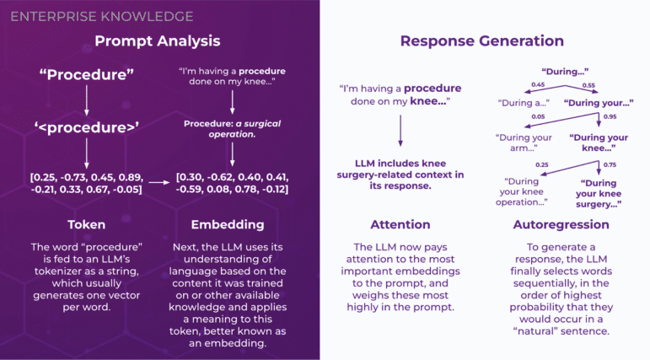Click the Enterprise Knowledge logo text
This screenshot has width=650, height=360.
pyautogui.click(x=102, y=16)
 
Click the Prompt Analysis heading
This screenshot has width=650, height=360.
pyautogui.click(x=158, y=40)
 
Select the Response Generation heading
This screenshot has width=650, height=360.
pyautogui.click(x=481, y=40)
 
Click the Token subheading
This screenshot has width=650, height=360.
pyautogui.click(x=87, y=224)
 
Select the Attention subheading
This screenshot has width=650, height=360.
pyautogui.click(x=400, y=225)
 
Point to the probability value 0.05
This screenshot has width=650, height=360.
pyautogui.click(x=539, y=117)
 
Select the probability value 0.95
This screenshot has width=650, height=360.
pyautogui.click(x=609, y=117)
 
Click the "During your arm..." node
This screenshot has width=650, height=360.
pyautogui.click(x=524, y=142)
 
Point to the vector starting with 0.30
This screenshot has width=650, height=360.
pyautogui.click(x=232, y=182)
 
